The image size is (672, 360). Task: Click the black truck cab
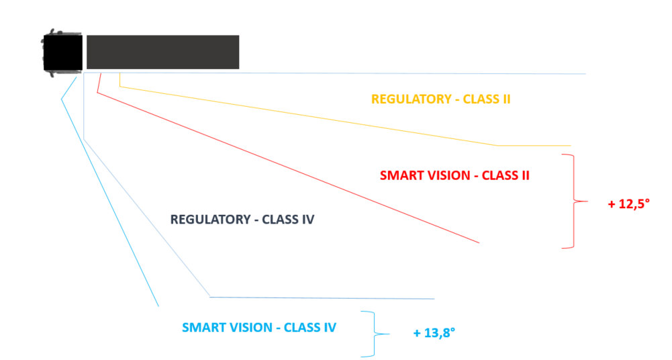[62, 52]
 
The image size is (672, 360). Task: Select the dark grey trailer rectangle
[163, 52]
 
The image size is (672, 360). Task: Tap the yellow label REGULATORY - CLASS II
[440, 99]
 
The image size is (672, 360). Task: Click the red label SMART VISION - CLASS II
[454, 175]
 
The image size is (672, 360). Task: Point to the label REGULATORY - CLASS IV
[242, 220]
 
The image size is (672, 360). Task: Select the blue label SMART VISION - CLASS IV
[259, 328]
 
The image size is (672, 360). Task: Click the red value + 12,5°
[629, 204]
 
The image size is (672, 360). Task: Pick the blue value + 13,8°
[434, 332]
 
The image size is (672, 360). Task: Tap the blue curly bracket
[375, 334]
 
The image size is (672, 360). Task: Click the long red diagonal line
[288, 167]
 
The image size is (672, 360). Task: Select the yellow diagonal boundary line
[309, 116]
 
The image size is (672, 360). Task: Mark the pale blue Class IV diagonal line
[146, 218]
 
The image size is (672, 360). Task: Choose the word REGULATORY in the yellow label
[411, 99]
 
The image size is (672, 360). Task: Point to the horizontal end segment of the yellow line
[534, 146]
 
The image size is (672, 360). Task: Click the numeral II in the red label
[525, 175]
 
